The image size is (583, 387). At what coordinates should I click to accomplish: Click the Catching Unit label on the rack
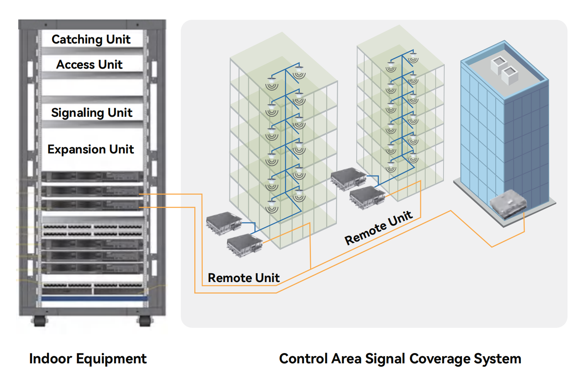pos(91,39)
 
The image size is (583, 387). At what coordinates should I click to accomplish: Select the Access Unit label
pos(90,64)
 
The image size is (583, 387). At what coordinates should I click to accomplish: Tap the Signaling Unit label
pos(91,113)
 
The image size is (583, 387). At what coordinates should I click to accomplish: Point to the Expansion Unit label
pos(91,149)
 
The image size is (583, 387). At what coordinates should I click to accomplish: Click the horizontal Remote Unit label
pos(243,278)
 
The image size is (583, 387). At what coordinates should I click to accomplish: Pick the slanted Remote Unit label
pos(378,227)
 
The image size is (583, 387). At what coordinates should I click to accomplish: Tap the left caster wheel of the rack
pos(39,321)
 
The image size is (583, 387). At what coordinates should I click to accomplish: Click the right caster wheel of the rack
pos(144,321)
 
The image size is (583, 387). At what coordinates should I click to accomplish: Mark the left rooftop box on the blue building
pos(498,65)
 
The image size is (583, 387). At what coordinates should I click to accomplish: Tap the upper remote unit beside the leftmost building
pos(224,223)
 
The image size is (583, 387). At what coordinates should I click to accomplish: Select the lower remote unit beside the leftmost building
pos(244,245)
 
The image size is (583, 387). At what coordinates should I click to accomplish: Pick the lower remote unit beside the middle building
pos(367,197)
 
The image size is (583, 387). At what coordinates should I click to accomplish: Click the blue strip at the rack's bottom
pos(94,298)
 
